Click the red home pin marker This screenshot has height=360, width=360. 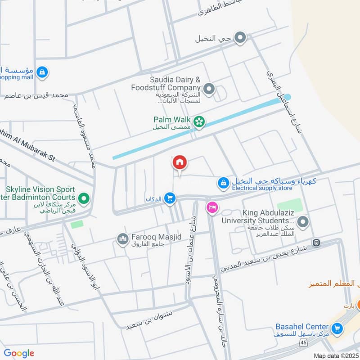tap(180, 162)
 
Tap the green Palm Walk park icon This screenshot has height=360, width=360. tap(199, 121)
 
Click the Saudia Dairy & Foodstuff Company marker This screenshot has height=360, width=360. tap(208, 90)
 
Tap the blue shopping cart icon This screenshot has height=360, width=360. tap(169, 198)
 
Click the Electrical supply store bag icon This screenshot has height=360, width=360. tap(223, 183)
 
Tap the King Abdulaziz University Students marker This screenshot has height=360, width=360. tap(304, 221)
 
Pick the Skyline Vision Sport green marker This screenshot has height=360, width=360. tap(83, 198)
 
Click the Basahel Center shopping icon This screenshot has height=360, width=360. tap(336, 329)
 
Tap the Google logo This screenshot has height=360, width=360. tap(19, 353)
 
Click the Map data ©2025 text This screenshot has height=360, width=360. tap(335, 356)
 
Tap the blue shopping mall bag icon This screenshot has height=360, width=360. tap(42, 72)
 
